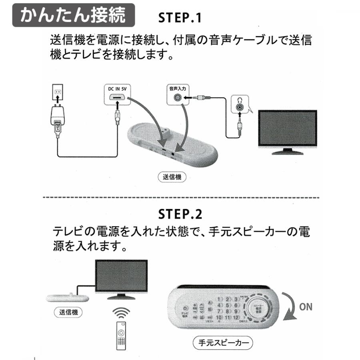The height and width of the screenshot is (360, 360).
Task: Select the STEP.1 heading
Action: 180,18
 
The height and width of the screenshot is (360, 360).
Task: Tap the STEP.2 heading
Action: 180,214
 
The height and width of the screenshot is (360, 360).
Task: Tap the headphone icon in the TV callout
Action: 239,101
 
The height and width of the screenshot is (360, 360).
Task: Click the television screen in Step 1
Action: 287,128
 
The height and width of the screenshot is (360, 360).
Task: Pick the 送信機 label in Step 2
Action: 68,312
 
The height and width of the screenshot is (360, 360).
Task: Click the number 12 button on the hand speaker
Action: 236,318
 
